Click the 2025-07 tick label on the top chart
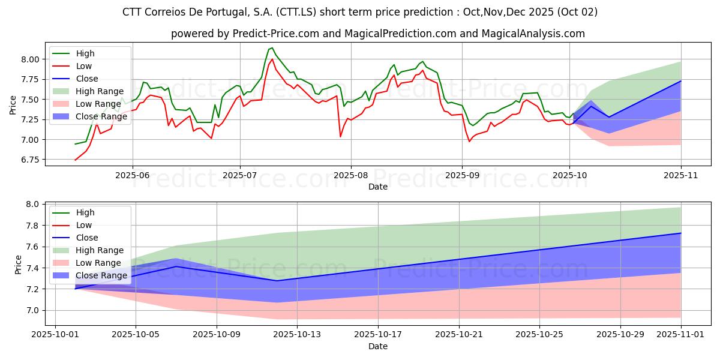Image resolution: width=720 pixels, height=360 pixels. click(x=240, y=175)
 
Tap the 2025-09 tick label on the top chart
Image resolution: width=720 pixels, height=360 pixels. click(x=462, y=175)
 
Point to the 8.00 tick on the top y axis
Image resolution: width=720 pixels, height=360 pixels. click(x=30, y=59)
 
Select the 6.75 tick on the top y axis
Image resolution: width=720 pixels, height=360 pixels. click(x=30, y=160)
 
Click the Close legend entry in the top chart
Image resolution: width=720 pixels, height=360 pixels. click(x=86, y=79)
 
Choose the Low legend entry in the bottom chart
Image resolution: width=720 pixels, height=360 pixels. click(x=84, y=225)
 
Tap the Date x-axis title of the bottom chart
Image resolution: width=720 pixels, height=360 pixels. click(x=378, y=346)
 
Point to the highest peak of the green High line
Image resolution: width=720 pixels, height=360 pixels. click(x=272, y=47)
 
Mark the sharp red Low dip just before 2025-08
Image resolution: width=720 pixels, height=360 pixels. click(x=340, y=137)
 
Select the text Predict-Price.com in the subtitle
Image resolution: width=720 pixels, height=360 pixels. click(x=262, y=34)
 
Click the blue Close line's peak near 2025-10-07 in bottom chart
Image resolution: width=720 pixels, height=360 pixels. click(x=176, y=266)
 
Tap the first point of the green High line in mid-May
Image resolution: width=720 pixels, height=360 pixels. click(x=75, y=144)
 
